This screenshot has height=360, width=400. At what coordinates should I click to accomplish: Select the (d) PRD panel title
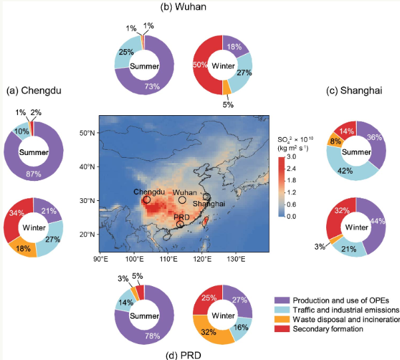pos(184,354)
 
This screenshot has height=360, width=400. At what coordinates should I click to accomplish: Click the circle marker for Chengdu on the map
pos(146,199)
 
